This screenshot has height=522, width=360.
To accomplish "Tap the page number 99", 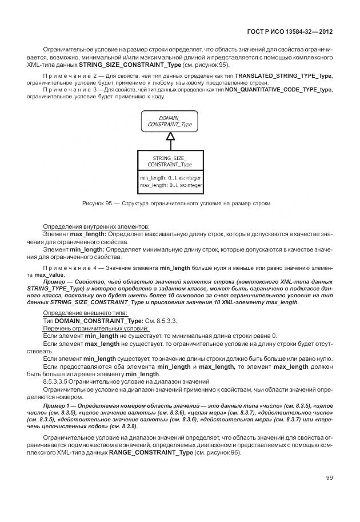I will coord(329,477).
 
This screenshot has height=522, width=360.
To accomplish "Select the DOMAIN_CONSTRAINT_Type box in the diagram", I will coord(170,121).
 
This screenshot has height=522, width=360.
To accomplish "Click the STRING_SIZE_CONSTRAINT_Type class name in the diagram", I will coord(170,161).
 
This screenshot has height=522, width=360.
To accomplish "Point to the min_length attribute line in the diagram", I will coord(170,178).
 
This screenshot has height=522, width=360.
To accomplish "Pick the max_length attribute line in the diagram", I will coord(170,185).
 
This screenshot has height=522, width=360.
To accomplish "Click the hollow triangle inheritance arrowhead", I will coord(170,136).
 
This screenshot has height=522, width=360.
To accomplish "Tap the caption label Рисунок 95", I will coord(98,204).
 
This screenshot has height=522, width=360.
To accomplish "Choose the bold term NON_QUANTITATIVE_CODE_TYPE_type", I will coord(279,90).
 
